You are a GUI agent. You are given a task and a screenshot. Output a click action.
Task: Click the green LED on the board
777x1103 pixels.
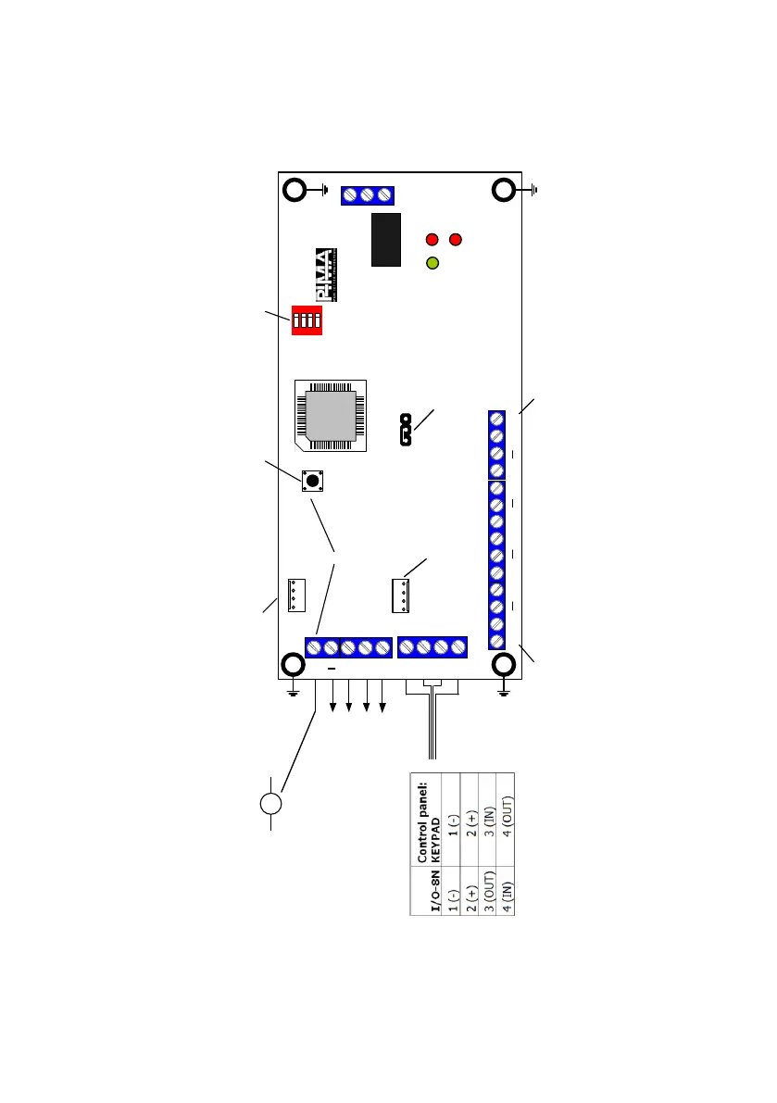coord(432,263)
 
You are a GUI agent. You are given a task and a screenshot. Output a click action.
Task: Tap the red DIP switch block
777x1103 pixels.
coord(307,320)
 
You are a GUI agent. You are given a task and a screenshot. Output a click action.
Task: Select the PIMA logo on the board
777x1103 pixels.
coord(325,275)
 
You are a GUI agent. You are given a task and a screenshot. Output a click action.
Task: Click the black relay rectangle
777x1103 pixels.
coord(386,239)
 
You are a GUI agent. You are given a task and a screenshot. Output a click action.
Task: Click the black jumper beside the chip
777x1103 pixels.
coord(405,432)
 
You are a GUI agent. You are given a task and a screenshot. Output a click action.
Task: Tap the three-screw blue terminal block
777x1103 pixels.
coord(367,195)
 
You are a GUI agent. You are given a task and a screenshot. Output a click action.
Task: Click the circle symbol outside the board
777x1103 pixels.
coord(270,802)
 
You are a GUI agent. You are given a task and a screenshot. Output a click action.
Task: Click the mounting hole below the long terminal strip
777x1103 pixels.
coord(504,666)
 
